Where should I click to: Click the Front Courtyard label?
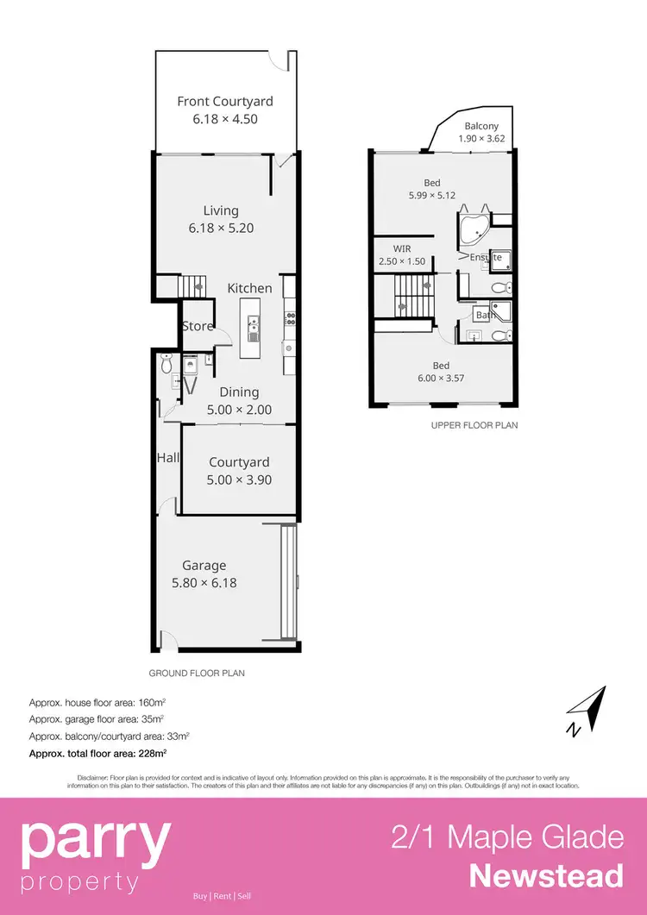(224, 102)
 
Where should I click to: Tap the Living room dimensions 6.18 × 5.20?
(221, 229)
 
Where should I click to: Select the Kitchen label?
(249, 288)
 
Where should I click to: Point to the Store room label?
(198, 326)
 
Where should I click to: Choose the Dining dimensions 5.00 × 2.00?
(239, 410)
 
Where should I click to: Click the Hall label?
(168, 457)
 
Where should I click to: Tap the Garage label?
(204, 566)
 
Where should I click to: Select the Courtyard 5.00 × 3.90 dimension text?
(239, 480)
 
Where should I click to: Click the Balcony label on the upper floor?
(481, 126)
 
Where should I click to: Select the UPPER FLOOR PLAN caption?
(474, 425)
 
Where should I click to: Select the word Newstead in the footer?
(546, 876)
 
